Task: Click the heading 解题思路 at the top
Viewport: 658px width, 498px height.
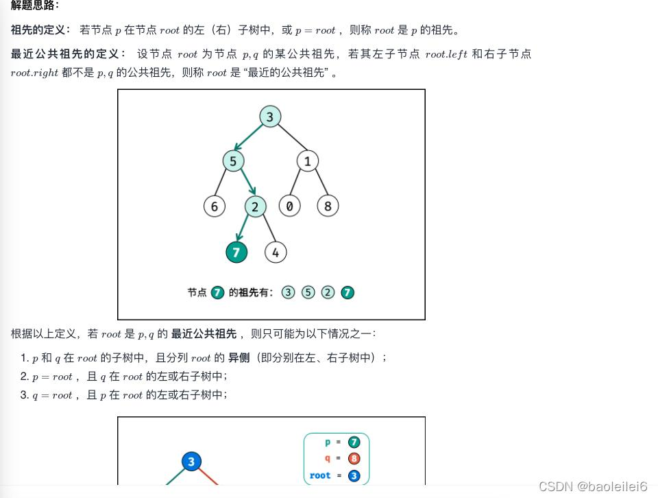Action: click(x=34, y=5)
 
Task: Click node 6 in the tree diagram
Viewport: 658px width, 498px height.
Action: click(x=215, y=206)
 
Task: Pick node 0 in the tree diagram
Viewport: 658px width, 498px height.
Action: click(x=290, y=206)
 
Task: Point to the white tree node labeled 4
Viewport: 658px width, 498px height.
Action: click(x=276, y=252)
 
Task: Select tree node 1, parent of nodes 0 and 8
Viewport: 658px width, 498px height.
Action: click(x=308, y=161)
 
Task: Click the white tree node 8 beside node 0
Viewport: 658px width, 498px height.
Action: click(x=328, y=206)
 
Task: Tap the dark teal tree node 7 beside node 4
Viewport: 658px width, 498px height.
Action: click(x=236, y=252)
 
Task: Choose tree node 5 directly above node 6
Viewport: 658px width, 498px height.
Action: click(x=234, y=161)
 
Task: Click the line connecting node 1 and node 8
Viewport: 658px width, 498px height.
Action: click(x=319, y=184)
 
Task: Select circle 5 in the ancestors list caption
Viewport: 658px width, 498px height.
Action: click(x=308, y=293)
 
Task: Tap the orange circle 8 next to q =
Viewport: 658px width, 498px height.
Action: click(x=354, y=459)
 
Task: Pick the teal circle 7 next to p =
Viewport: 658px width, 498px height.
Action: click(x=354, y=442)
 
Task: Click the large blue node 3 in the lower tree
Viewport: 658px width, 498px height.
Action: click(x=191, y=462)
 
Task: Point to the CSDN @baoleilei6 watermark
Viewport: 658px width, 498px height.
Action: click(x=593, y=486)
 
